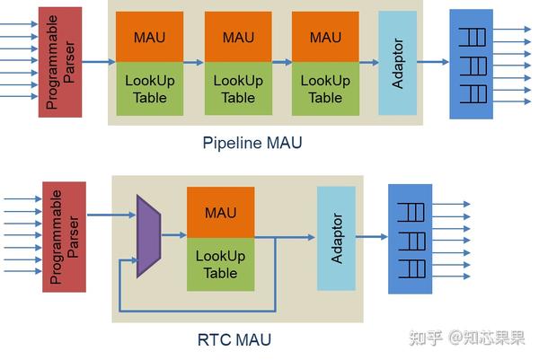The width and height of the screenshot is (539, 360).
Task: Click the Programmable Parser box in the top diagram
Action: click(x=61, y=61)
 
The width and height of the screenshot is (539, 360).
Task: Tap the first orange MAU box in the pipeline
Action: click(x=149, y=37)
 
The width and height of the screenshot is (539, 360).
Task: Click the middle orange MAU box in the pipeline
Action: click(x=238, y=37)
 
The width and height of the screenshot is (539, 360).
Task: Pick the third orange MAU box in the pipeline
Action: click(x=325, y=37)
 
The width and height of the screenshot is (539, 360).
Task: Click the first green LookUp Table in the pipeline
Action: click(x=149, y=88)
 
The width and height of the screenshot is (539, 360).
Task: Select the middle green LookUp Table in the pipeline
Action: click(x=238, y=88)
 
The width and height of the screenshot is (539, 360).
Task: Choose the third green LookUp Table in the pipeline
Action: click(x=325, y=88)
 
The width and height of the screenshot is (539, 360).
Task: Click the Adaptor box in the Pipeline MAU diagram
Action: click(x=398, y=63)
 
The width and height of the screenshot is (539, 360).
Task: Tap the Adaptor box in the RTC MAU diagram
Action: click(x=337, y=238)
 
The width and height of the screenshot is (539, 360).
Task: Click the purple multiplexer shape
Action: click(x=147, y=234)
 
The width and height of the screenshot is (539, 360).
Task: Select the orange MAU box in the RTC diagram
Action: click(x=220, y=213)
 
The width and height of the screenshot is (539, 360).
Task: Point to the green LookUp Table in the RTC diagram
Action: click(x=220, y=264)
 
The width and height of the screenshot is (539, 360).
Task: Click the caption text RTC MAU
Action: click(x=234, y=340)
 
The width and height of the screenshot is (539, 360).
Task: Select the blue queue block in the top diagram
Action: click(x=471, y=64)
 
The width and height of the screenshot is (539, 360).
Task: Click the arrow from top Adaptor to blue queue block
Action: click(x=433, y=62)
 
